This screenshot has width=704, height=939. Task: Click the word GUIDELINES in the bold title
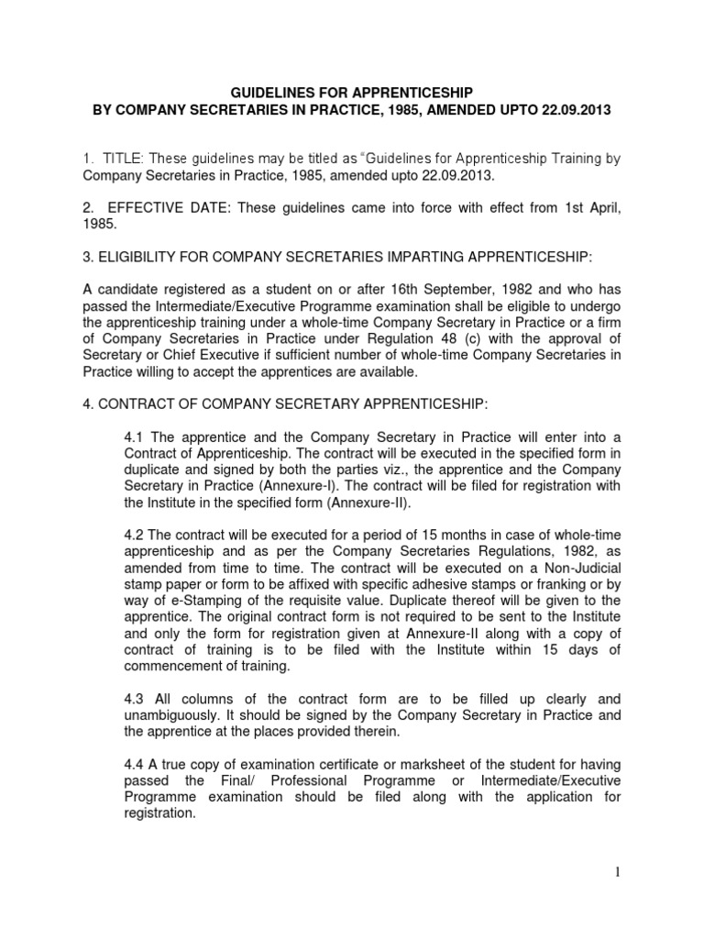pos(272,93)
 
